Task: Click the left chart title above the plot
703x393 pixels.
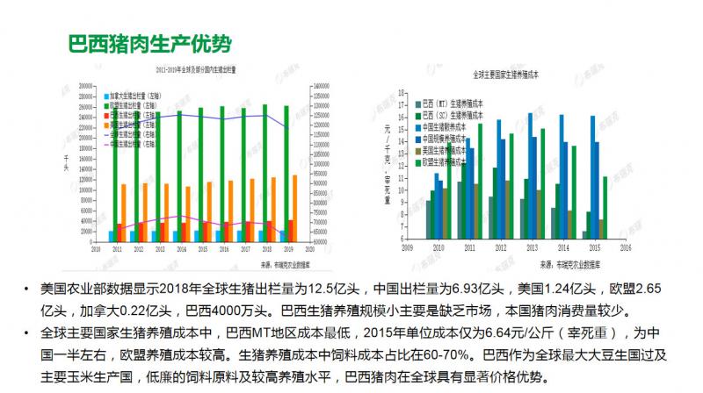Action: tap(201, 68)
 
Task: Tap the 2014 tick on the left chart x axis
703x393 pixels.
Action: tap(181, 250)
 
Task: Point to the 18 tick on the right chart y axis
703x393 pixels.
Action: tap(398, 91)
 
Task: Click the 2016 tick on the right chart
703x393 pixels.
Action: tap(625, 248)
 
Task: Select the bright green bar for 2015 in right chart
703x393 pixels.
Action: tap(605, 207)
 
